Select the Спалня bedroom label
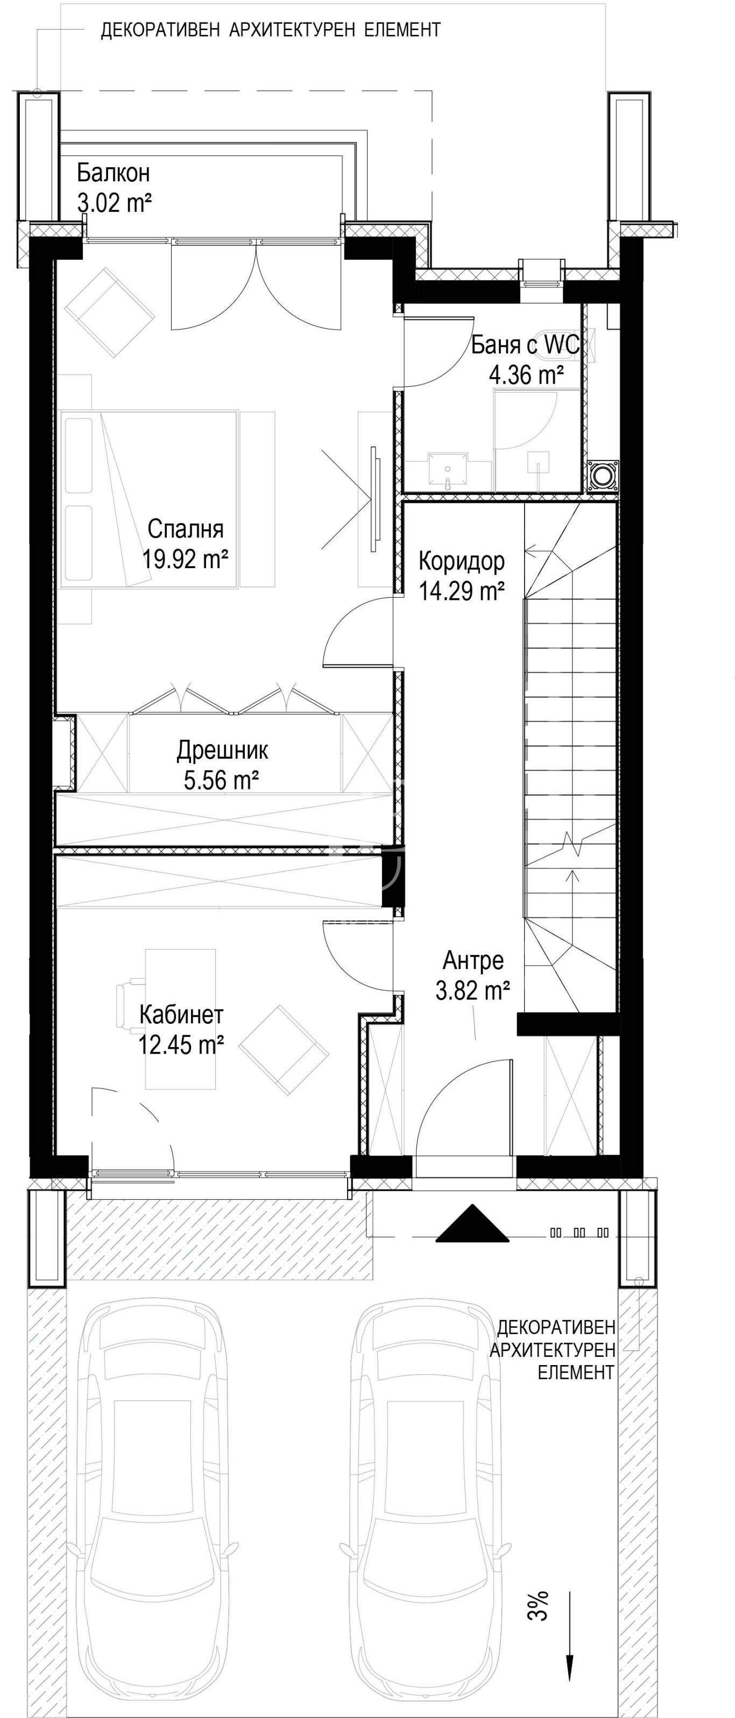click(186, 529)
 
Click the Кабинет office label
click(181, 1015)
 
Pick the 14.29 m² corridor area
click(461, 590)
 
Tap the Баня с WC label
click(526, 345)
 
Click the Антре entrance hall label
click(473, 961)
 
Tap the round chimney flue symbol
click(603, 476)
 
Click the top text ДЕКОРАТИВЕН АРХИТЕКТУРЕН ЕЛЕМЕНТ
click(271, 30)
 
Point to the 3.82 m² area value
click(473, 991)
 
